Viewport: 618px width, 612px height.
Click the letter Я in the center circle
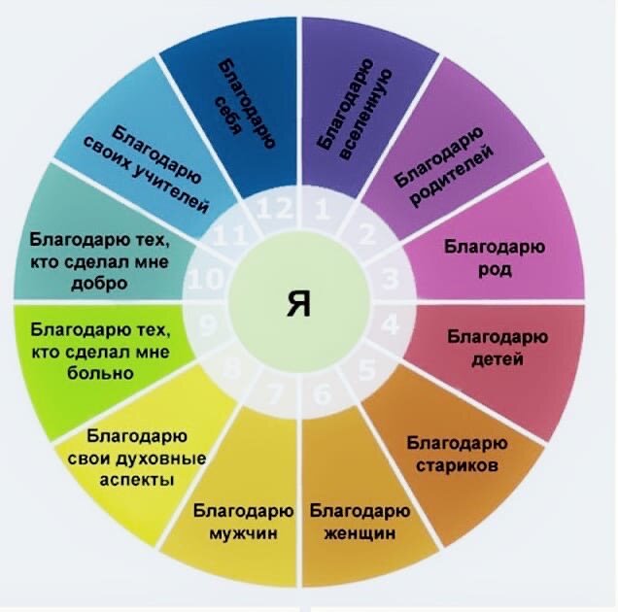[299, 304]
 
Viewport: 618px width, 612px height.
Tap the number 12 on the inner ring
[272, 208]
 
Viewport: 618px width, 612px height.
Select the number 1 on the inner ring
[325, 208]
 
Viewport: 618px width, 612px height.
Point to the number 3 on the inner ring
[390, 282]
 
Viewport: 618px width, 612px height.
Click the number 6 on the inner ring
[323, 395]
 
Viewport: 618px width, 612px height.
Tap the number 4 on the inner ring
[390, 324]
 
